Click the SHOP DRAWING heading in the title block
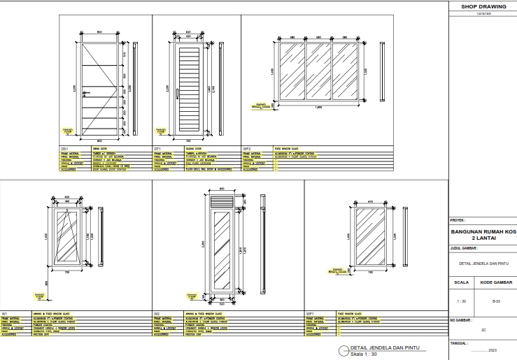[482, 6]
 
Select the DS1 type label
[64, 149]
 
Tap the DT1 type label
[158, 149]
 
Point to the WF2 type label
[247, 149]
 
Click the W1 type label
[4, 314]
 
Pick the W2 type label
[157, 314]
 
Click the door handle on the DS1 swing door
[85, 92]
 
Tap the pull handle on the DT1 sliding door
[177, 93]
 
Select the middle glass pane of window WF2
[318, 73]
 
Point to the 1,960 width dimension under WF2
[318, 107]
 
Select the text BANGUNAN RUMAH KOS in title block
[482, 231]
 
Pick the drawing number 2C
[482, 327]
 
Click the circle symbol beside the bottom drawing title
[342, 350]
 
